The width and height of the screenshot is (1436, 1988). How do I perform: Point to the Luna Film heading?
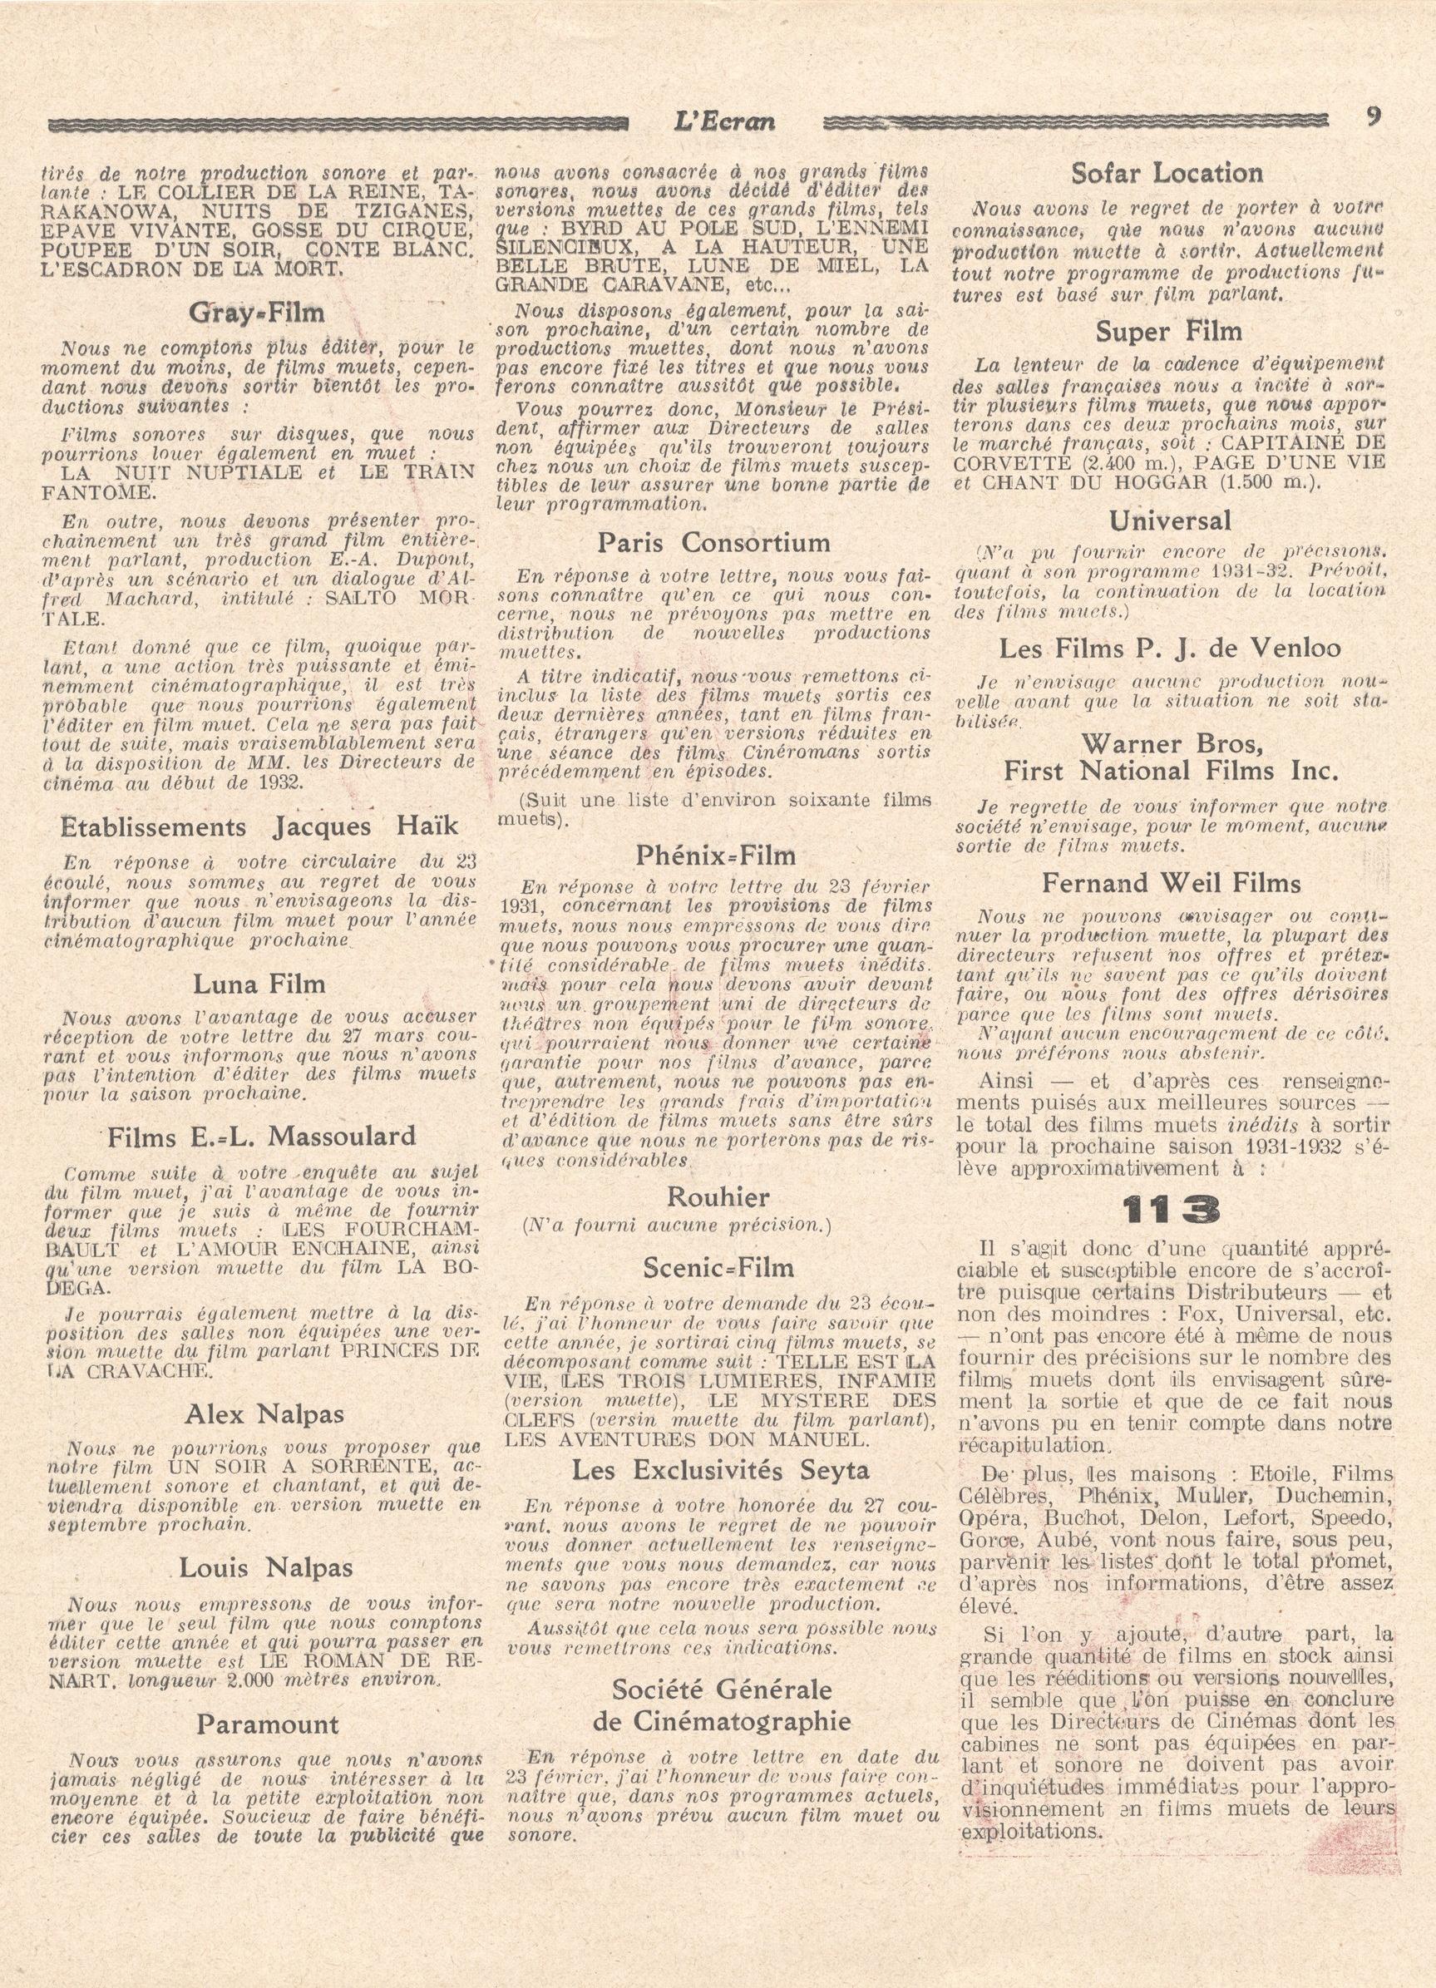(x=259, y=984)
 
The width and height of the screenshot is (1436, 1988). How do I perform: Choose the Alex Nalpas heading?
(x=264, y=1415)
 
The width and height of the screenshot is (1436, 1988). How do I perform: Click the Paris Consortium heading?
(x=713, y=543)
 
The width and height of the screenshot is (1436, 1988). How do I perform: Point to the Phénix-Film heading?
(x=717, y=855)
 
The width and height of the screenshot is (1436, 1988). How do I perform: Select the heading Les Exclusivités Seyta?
(x=720, y=1471)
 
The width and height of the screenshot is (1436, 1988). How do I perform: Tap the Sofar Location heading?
(x=1167, y=174)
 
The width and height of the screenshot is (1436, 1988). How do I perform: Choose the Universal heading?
(x=1169, y=520)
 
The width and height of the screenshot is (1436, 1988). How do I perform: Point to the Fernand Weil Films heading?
(x=1172, y=884)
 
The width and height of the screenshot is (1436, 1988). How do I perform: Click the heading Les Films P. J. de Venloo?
(x=1171, y=649)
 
